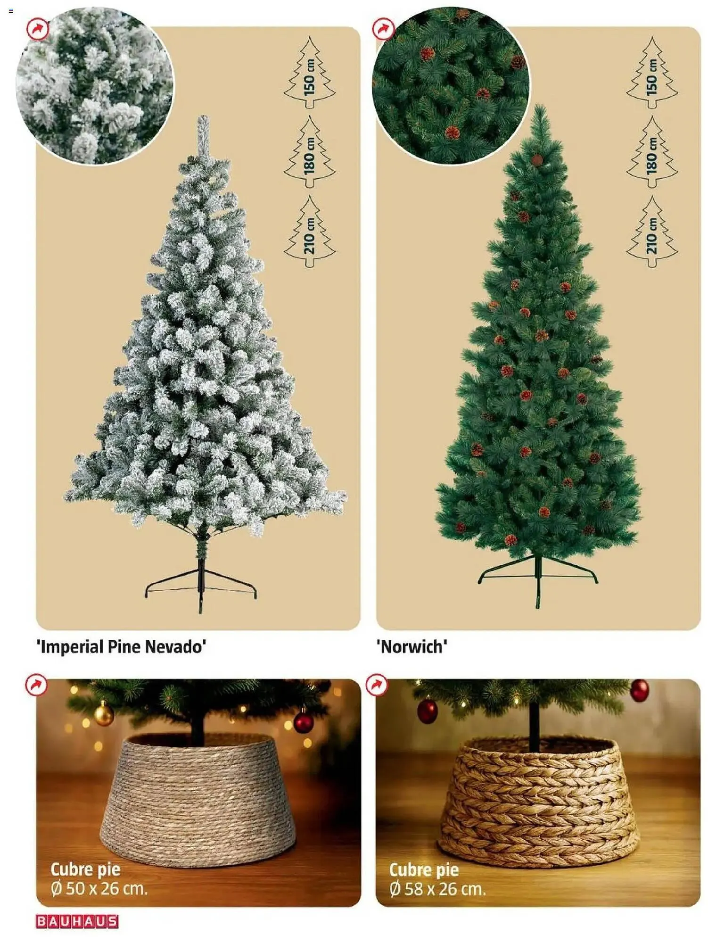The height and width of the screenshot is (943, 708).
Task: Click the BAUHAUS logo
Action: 77,921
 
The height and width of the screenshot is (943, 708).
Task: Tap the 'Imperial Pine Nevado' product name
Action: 121,646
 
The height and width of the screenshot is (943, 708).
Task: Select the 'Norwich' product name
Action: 412,646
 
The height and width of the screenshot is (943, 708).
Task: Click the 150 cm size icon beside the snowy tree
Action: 310,69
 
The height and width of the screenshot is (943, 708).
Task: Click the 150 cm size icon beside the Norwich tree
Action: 652,69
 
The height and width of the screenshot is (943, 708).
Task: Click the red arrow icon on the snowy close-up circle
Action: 38,30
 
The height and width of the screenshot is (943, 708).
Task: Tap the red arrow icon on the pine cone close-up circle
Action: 383,29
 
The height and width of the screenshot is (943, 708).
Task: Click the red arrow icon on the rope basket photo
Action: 36,685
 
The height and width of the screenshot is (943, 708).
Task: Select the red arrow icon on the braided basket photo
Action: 376,685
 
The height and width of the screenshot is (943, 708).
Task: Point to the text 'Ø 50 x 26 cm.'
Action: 99,889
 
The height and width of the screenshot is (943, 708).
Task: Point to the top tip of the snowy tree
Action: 203,116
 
